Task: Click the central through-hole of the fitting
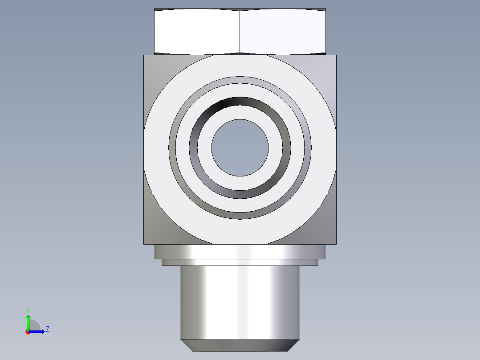pos(240,147)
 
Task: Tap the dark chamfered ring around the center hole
pos(240,102)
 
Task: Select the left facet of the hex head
pos(197,32)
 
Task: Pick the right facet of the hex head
pos(283,32)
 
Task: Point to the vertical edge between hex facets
pos(240,32)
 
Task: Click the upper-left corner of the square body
pos(143,55)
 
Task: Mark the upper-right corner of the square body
pos(337,55)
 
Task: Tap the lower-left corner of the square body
pos(143,244)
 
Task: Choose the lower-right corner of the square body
pos(337,244)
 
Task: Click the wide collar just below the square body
pos(240,252)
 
